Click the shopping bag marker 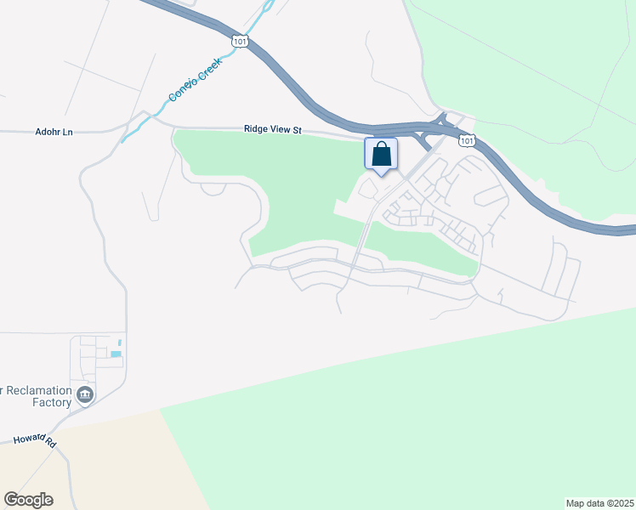(381, 154)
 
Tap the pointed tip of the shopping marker (381, 174)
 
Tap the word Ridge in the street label (257, 129)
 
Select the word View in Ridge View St (283, 129)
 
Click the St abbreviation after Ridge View (298, 129)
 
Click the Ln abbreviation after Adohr (68, 132)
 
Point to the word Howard (30, 441)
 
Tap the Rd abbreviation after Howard (50, 444)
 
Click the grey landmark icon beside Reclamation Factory (84, 394)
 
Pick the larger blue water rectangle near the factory (116, 354)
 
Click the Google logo (28, 500)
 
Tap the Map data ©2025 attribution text (599, 503)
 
